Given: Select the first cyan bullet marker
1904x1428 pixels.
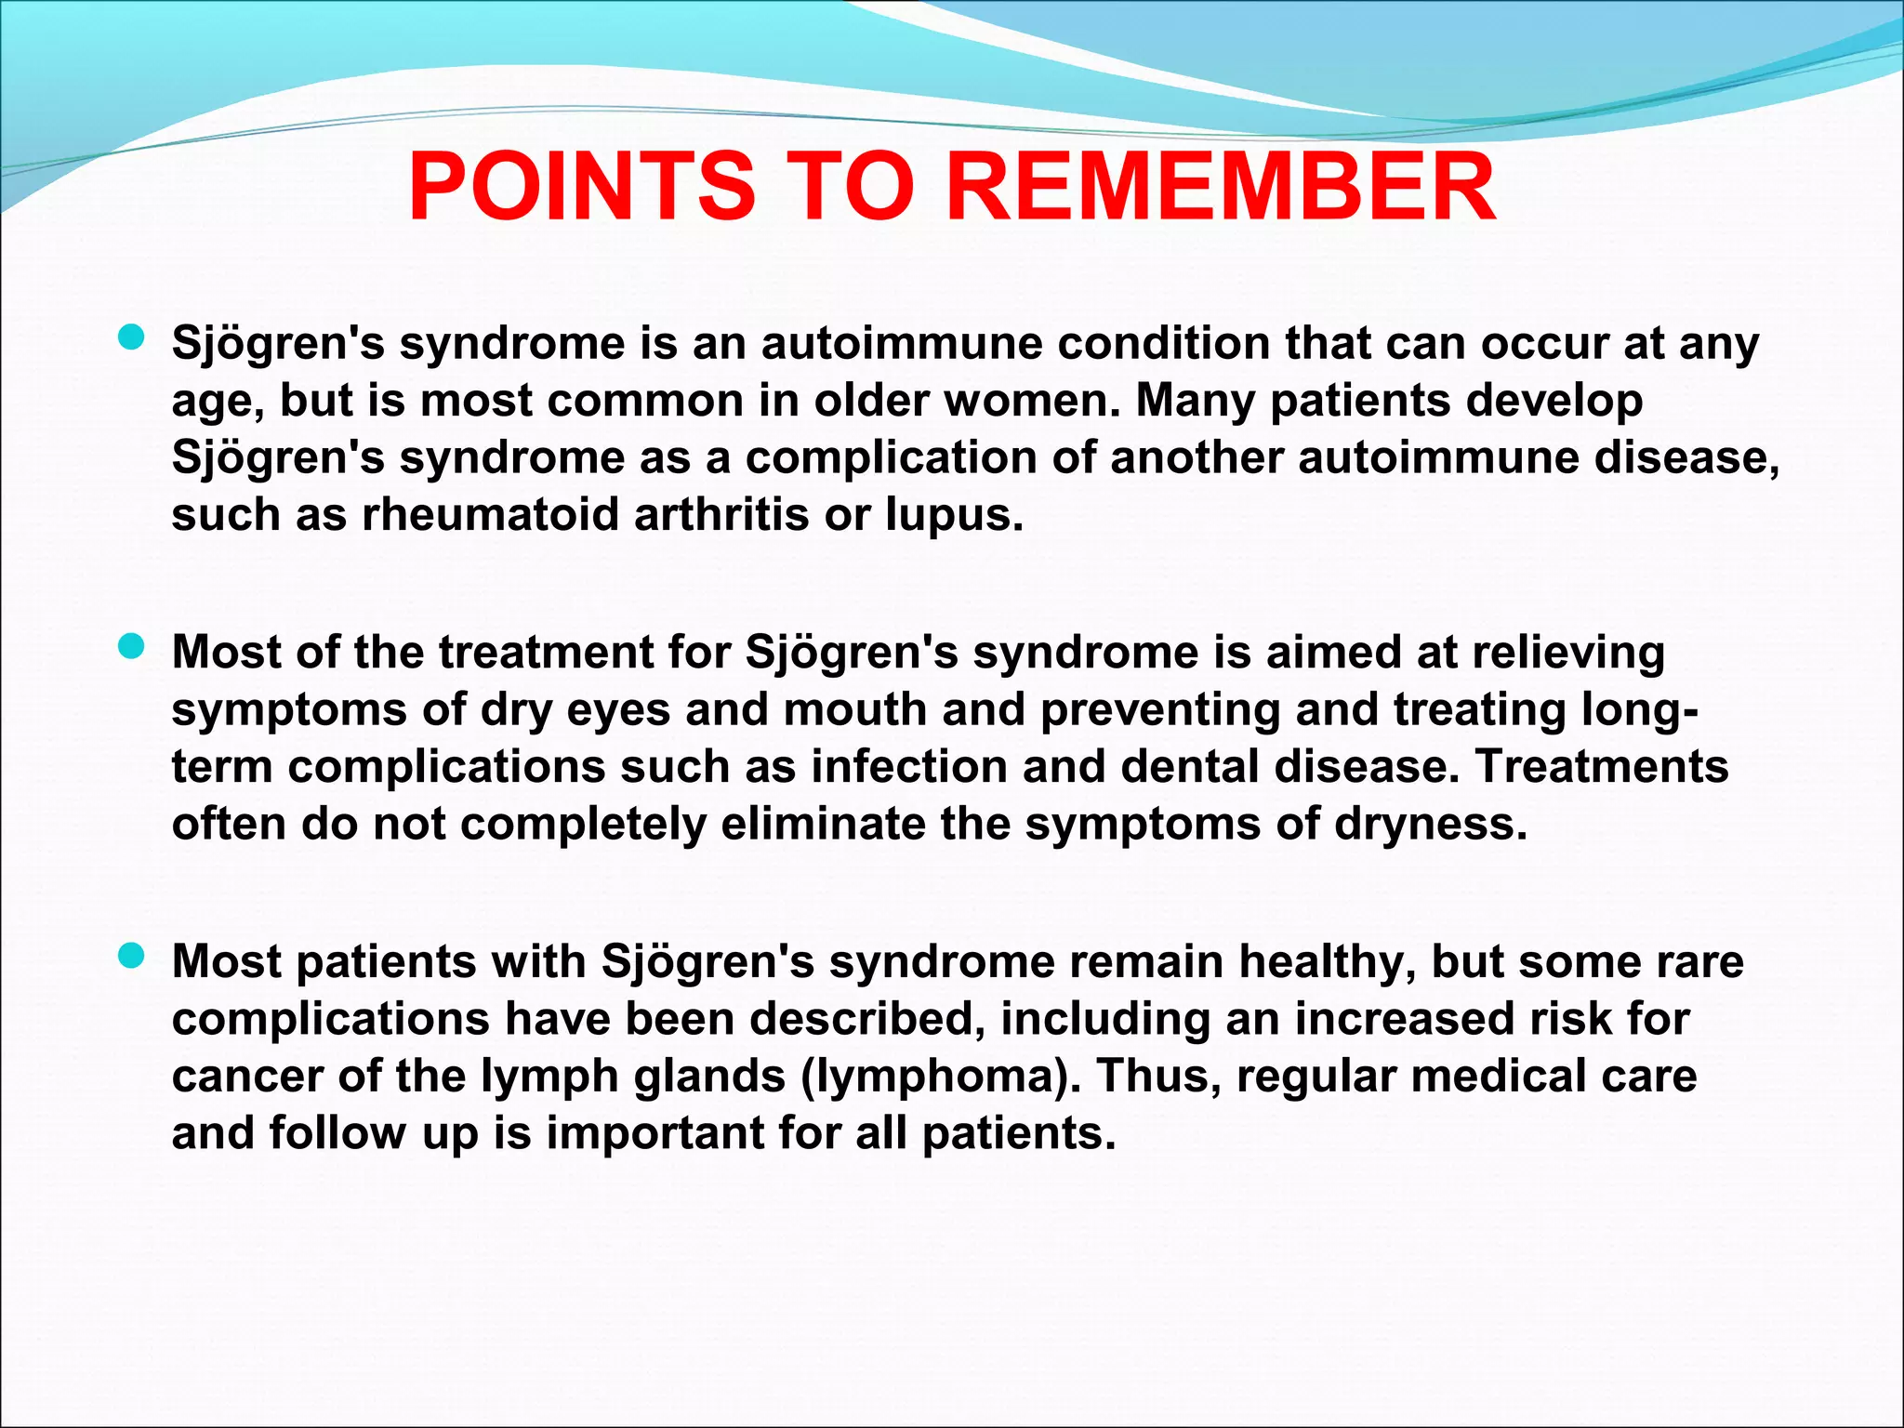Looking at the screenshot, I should tap(132, 338).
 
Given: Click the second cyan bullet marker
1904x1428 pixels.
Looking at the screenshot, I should tap(132, 647).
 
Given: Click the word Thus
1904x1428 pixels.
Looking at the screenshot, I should tap(1157, 1076).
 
